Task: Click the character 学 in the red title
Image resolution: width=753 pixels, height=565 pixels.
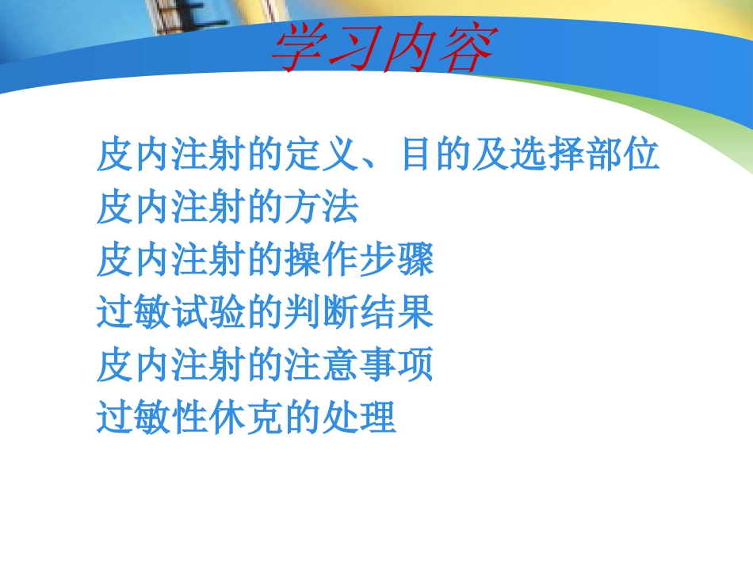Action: (x=297, y=49)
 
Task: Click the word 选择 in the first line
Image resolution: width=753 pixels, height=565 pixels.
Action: (x=544, y=155)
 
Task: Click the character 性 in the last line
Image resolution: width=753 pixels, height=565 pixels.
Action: (x=189, y=418)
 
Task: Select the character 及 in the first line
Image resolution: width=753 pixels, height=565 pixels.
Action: (x=487, y=155)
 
